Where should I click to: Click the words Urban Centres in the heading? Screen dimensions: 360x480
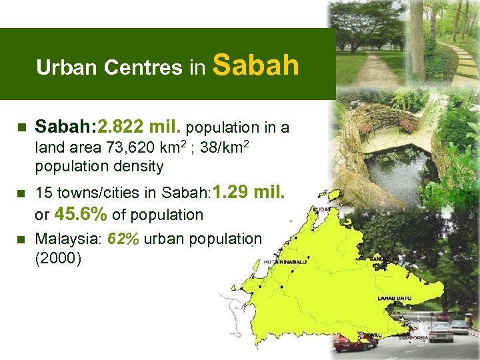(x=109, y=68)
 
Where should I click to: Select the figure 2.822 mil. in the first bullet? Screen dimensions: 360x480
(x=141, y=127)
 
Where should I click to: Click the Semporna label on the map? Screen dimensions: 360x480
(x=413, y=338)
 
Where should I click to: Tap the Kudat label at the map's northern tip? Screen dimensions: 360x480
(x=321, y=209)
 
